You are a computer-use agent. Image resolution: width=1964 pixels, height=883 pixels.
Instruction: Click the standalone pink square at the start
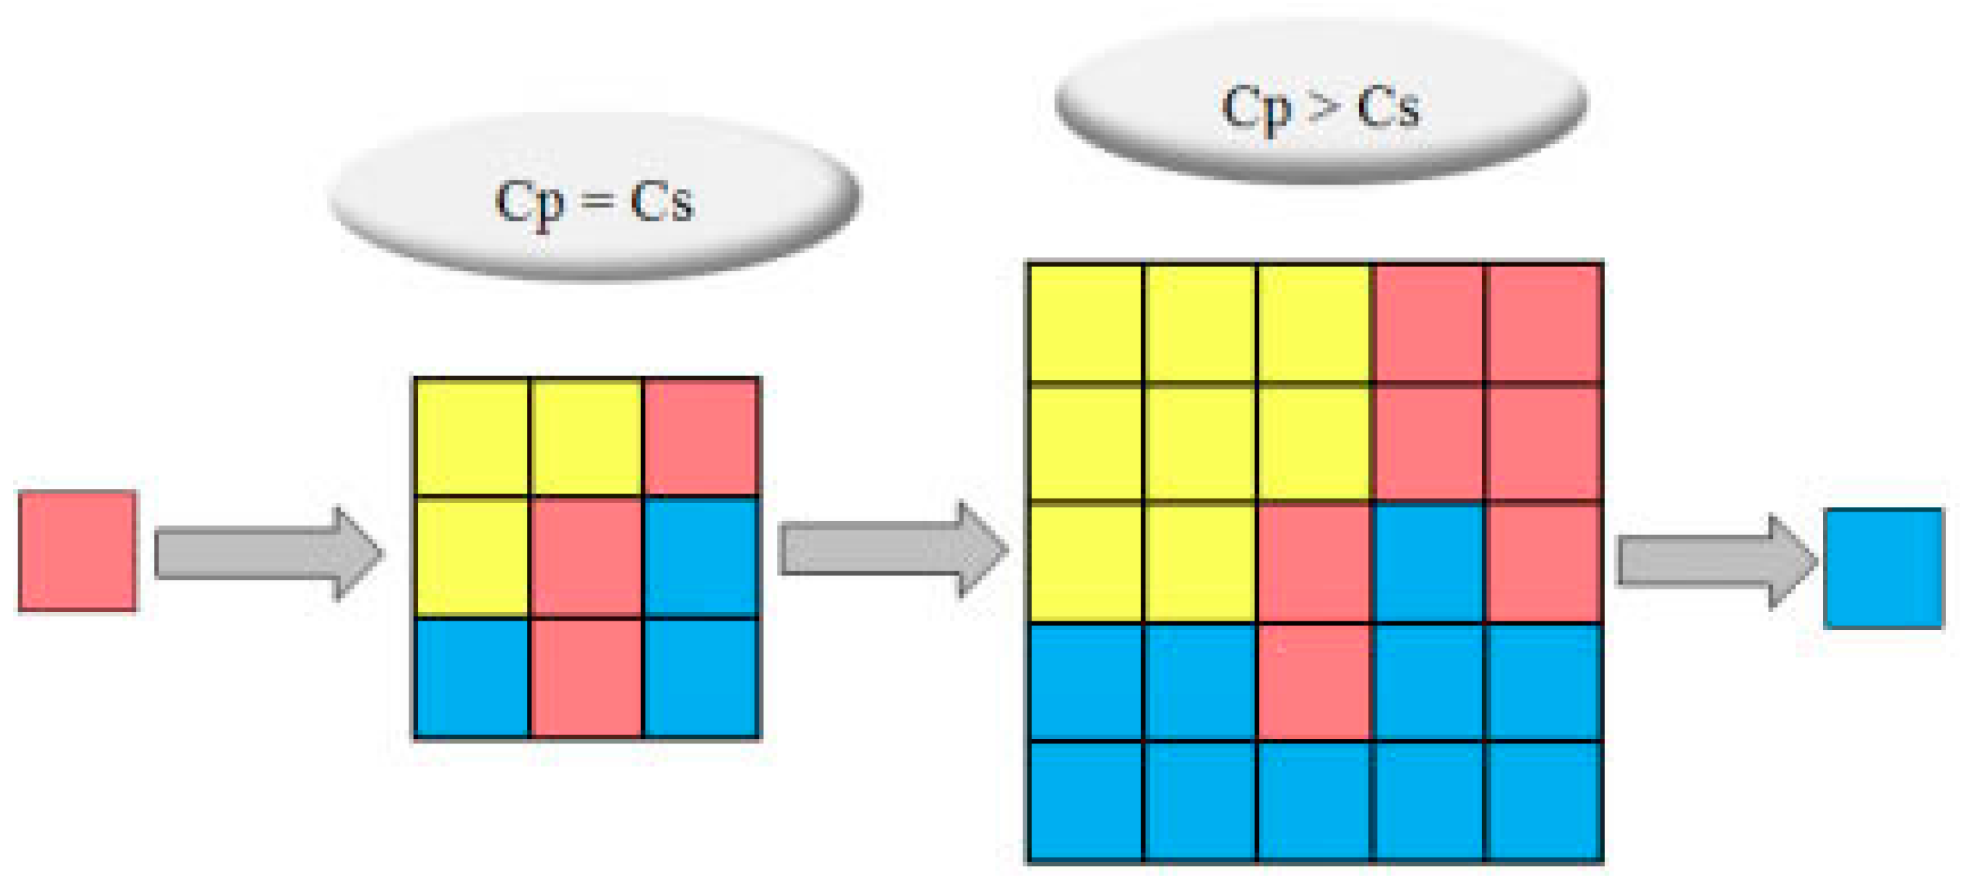(x=78, y=551)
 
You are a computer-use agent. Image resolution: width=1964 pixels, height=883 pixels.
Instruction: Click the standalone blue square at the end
(x=1883, y=568)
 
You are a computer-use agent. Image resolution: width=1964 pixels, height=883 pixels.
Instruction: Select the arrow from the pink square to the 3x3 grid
(x=267, y=554)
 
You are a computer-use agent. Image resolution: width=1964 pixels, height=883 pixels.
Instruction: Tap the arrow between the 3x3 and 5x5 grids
(x=892, y=549)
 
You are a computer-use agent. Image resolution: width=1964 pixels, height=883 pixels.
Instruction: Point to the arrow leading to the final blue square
(x=1715, y=562)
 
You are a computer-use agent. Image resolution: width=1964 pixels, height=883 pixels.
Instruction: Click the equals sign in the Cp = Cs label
(x=596, y=203)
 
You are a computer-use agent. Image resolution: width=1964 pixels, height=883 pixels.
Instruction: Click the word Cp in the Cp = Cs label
(x=529, y=203)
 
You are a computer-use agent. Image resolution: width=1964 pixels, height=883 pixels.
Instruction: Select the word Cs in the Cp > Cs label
(x=1388, y=107)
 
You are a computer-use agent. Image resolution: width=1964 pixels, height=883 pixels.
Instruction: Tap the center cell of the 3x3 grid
(x=587, y=557)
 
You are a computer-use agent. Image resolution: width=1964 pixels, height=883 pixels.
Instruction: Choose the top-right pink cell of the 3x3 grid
(x=701, y=437)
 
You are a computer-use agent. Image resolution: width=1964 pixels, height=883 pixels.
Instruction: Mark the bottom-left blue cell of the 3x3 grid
(x=472, y=678)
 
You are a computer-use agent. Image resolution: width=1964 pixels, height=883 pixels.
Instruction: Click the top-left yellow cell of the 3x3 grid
(x=472, y=437)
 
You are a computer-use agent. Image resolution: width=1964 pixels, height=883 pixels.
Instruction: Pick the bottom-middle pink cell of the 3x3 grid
(x=587, y=678)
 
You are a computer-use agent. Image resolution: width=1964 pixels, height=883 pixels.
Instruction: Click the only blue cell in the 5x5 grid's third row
(x=1430, y=563)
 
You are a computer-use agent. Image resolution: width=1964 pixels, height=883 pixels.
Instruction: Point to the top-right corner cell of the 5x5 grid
(x=1544, y=323)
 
